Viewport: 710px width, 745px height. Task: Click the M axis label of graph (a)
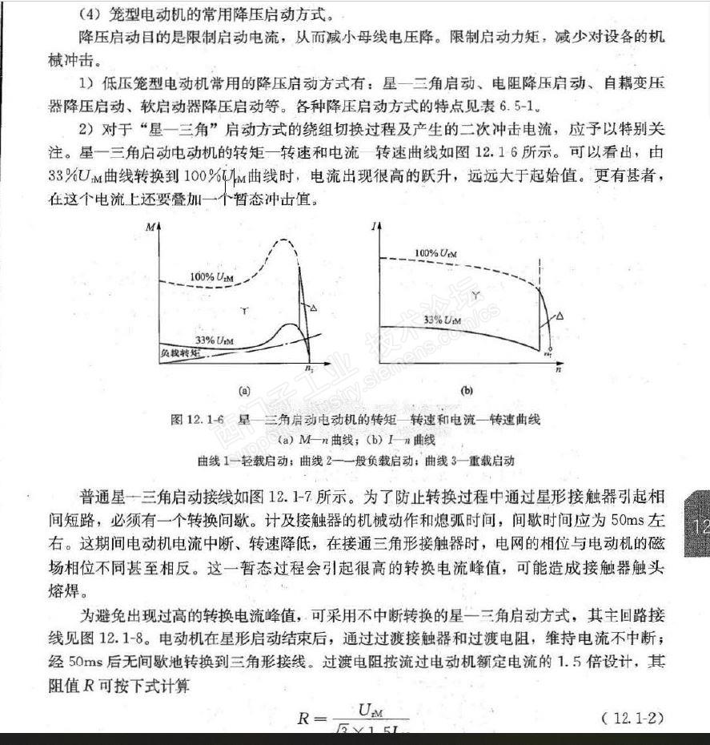click(150, 228)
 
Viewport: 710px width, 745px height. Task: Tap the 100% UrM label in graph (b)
click(436, 253)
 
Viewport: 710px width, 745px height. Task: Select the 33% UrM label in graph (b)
click(442, 320)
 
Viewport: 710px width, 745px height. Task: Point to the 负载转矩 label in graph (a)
click(175, 352)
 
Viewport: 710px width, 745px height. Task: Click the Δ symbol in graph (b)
click(560, 316)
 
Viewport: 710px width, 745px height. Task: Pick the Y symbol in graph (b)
click(477, 296)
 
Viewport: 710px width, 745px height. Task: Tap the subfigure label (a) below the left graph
click(245, 391)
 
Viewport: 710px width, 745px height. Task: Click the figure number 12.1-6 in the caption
click(208, 420)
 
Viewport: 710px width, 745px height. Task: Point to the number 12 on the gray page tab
click(700, 526)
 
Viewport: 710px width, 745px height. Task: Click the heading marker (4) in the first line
click(88, 14)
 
